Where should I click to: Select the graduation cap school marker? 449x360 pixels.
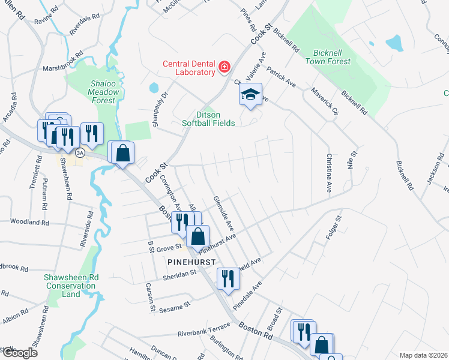tap(251, 94)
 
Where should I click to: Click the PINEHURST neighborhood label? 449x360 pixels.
tap(192, 262)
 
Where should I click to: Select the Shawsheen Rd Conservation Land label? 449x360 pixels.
tap(71, 286)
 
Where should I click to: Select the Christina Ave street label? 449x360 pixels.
tap(329, 173)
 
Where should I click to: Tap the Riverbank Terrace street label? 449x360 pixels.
tap(203, 331)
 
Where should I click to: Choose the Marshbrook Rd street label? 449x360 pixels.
tap(65, 68)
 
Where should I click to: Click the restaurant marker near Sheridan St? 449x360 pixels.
tap(228, 278)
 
